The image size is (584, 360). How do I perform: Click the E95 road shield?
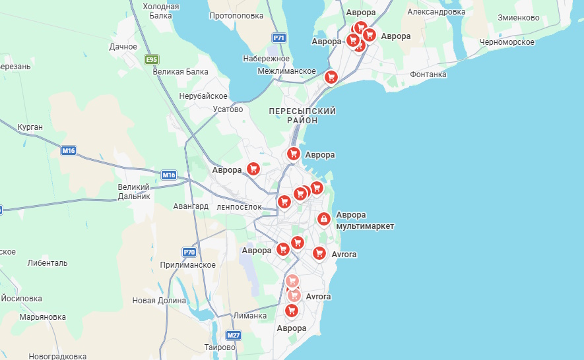pyautogui.click(x=152, y=60)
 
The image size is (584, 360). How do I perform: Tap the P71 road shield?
pyautogui.click(x=279, y=38)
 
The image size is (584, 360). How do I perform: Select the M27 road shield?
pyautogui.click(x=233, y=335)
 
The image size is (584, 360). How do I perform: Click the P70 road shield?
pyautogui.click(x=189, y=253)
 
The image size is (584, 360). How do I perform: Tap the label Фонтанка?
pyautogui.click(x=428, y=75)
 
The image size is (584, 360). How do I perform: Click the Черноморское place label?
pyautogui.click(x=507, y=42)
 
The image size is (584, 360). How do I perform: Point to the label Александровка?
pyautogui.click(x=436, y=12)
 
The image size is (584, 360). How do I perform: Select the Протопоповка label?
pyautogui.click(x=236, y=16)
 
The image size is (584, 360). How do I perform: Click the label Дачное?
pyautogui.click(x=123, y=47)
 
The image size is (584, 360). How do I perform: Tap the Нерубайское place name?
pyautogui.click(x=203, y=96)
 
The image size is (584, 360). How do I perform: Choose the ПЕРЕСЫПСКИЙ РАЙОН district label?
pyautogui.click(x=302, y=115)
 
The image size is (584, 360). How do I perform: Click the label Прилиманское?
pyautogui.click(x=188, y=264)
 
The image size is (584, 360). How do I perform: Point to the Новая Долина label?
pyautogui.click(x=159, y=301)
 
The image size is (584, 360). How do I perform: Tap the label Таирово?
pyautogui.click(x=220, y=347)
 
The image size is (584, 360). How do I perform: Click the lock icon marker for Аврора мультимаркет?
pyautogui.click(x=323, y=219)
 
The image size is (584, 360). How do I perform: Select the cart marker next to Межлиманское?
pyautogui.click(x=331, y=77)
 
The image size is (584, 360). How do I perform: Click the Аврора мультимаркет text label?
pyautogui.click(x=365, y=220)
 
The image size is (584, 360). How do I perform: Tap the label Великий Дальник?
pyautogui.click(x=134, y=191)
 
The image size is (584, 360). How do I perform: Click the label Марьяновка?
pyautogui.click(x=42, y=316)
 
